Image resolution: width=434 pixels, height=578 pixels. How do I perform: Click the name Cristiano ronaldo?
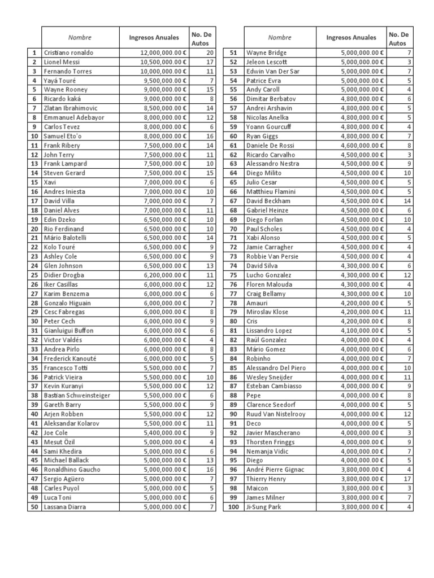click(x=68, y=52)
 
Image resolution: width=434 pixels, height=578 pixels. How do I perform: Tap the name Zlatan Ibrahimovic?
click(x=71, y=108)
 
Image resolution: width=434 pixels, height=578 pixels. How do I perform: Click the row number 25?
click(x=34, y=275)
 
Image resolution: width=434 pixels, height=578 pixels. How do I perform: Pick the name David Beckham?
click(x=268, y=201)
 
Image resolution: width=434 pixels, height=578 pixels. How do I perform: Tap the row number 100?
click(x=233, y=507)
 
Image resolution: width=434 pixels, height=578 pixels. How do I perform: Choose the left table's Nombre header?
click(x=80, y=37)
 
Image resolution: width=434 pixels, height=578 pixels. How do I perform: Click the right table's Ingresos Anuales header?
click(x=351, y=37)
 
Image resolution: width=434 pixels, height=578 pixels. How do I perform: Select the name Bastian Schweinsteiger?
click(x=77, y=395)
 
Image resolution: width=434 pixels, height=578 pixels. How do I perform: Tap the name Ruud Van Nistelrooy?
click(x=275, y=414)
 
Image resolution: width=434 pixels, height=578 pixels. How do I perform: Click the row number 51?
click(x=233, y=52)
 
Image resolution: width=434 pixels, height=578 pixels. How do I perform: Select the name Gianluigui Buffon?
click(x=68, y=330)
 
